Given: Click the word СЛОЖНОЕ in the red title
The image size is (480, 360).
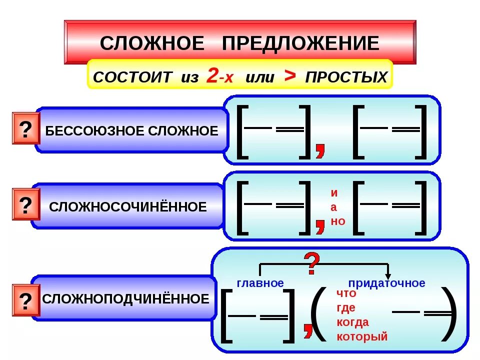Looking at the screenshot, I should (152, 43).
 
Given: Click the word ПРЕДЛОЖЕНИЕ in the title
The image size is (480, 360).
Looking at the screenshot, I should (300, 43).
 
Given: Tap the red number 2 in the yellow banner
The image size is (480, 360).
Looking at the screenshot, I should (212, 76).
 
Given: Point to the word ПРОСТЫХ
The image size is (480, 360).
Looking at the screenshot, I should (346, 77).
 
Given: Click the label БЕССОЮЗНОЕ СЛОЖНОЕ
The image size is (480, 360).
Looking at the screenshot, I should (132, 131).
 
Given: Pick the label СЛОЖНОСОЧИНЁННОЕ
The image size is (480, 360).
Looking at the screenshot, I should (128, 207).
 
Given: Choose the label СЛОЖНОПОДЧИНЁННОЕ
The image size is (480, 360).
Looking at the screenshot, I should (125, 299).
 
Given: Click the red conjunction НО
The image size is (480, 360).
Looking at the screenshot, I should (338, 221).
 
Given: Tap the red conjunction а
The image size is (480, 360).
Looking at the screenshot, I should (334, 207).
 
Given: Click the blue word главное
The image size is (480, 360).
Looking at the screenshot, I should (260, 283).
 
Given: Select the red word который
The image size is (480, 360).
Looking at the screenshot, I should (362, 336).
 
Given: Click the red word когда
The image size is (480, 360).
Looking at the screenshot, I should (352, 322).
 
